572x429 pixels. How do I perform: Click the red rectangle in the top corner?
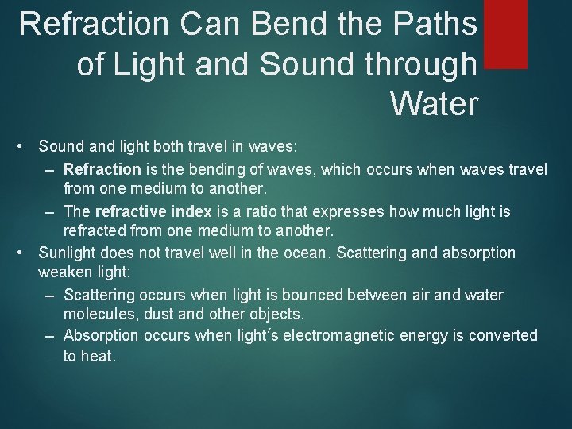tap(505, 33)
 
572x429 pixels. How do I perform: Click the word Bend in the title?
tap(279, 24)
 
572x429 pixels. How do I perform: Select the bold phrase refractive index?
tap(153, 212)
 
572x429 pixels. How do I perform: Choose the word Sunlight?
tap(69, 253)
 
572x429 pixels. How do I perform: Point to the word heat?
tap(99, 357)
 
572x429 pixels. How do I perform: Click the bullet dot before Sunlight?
tap(25, 253)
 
